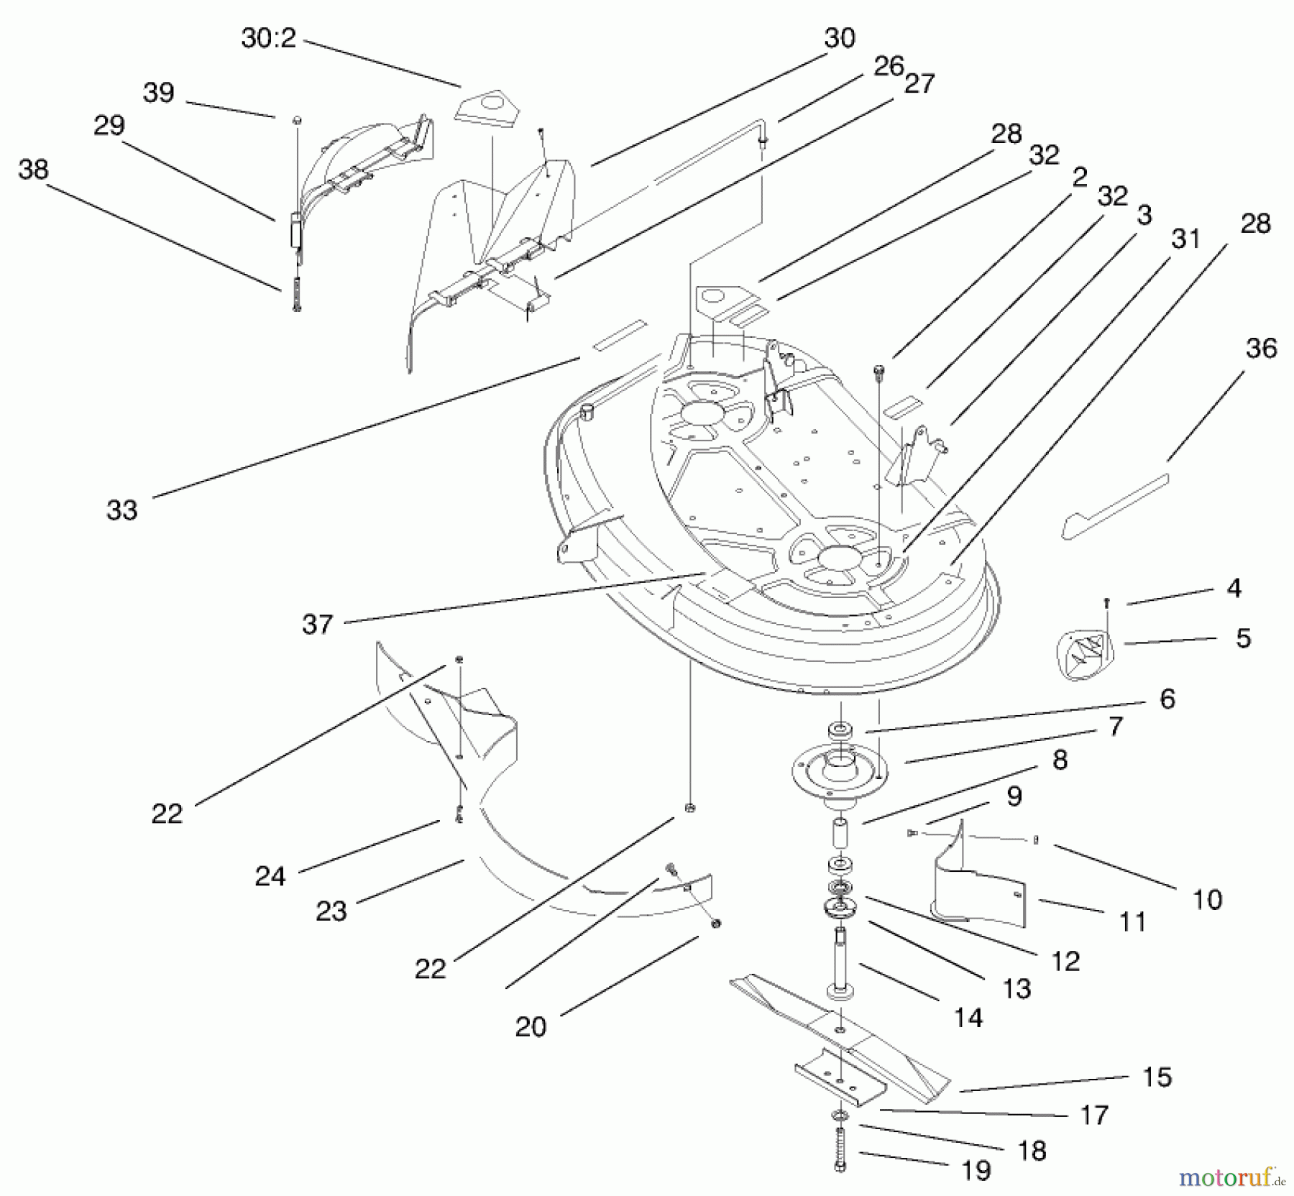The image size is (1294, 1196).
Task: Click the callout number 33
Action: click(121, 510)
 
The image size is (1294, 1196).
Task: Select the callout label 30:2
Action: click(268, 38)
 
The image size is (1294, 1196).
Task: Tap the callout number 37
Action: click(318, 624)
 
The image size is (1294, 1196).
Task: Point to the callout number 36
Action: click(1261, 349)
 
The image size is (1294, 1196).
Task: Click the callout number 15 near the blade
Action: click(1157, 1077)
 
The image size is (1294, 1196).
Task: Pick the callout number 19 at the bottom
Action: click(976, 1171)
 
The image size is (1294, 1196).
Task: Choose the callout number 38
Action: click(33, 170)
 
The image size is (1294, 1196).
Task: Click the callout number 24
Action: click(270, 875)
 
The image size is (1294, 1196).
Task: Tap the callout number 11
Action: click(1133, 921)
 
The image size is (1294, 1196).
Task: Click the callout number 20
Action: click(531, 1026)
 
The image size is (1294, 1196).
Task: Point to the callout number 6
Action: click(1167, 699)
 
